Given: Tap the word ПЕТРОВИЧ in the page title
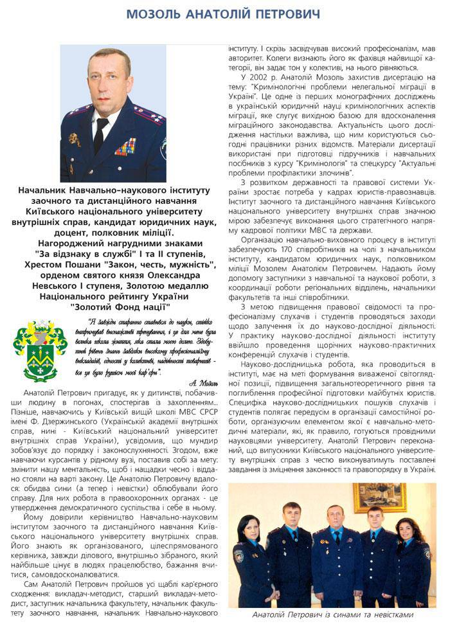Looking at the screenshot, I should [287, 14].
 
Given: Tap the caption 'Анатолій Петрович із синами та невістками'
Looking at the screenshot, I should [333, 616].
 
